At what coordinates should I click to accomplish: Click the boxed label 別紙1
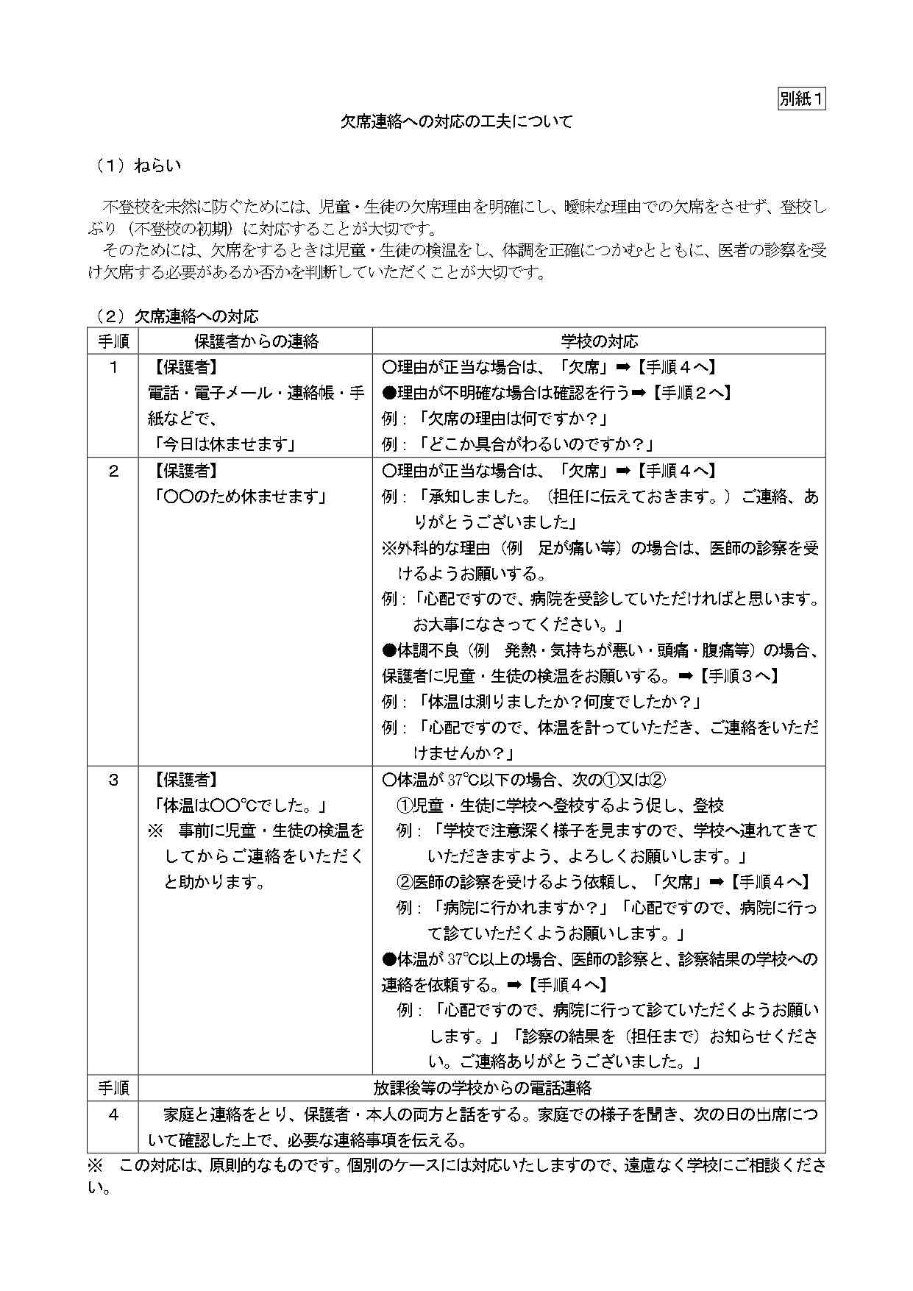tap(801, 99)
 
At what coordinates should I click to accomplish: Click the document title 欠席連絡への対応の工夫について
tap(456, 121)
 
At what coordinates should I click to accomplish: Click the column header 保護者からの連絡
tap(255, 341)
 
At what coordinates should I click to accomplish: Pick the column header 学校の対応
tap(599, 341)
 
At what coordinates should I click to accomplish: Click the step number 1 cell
tap(113, 367)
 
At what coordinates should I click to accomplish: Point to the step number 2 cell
tap(113, 471)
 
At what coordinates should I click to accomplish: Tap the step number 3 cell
tap(113, 780)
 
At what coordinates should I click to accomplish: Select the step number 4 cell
tap(113, 1114)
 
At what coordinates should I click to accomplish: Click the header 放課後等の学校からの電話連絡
tap(482, 1088)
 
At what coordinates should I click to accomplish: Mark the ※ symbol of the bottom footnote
tap(96, 1165)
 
